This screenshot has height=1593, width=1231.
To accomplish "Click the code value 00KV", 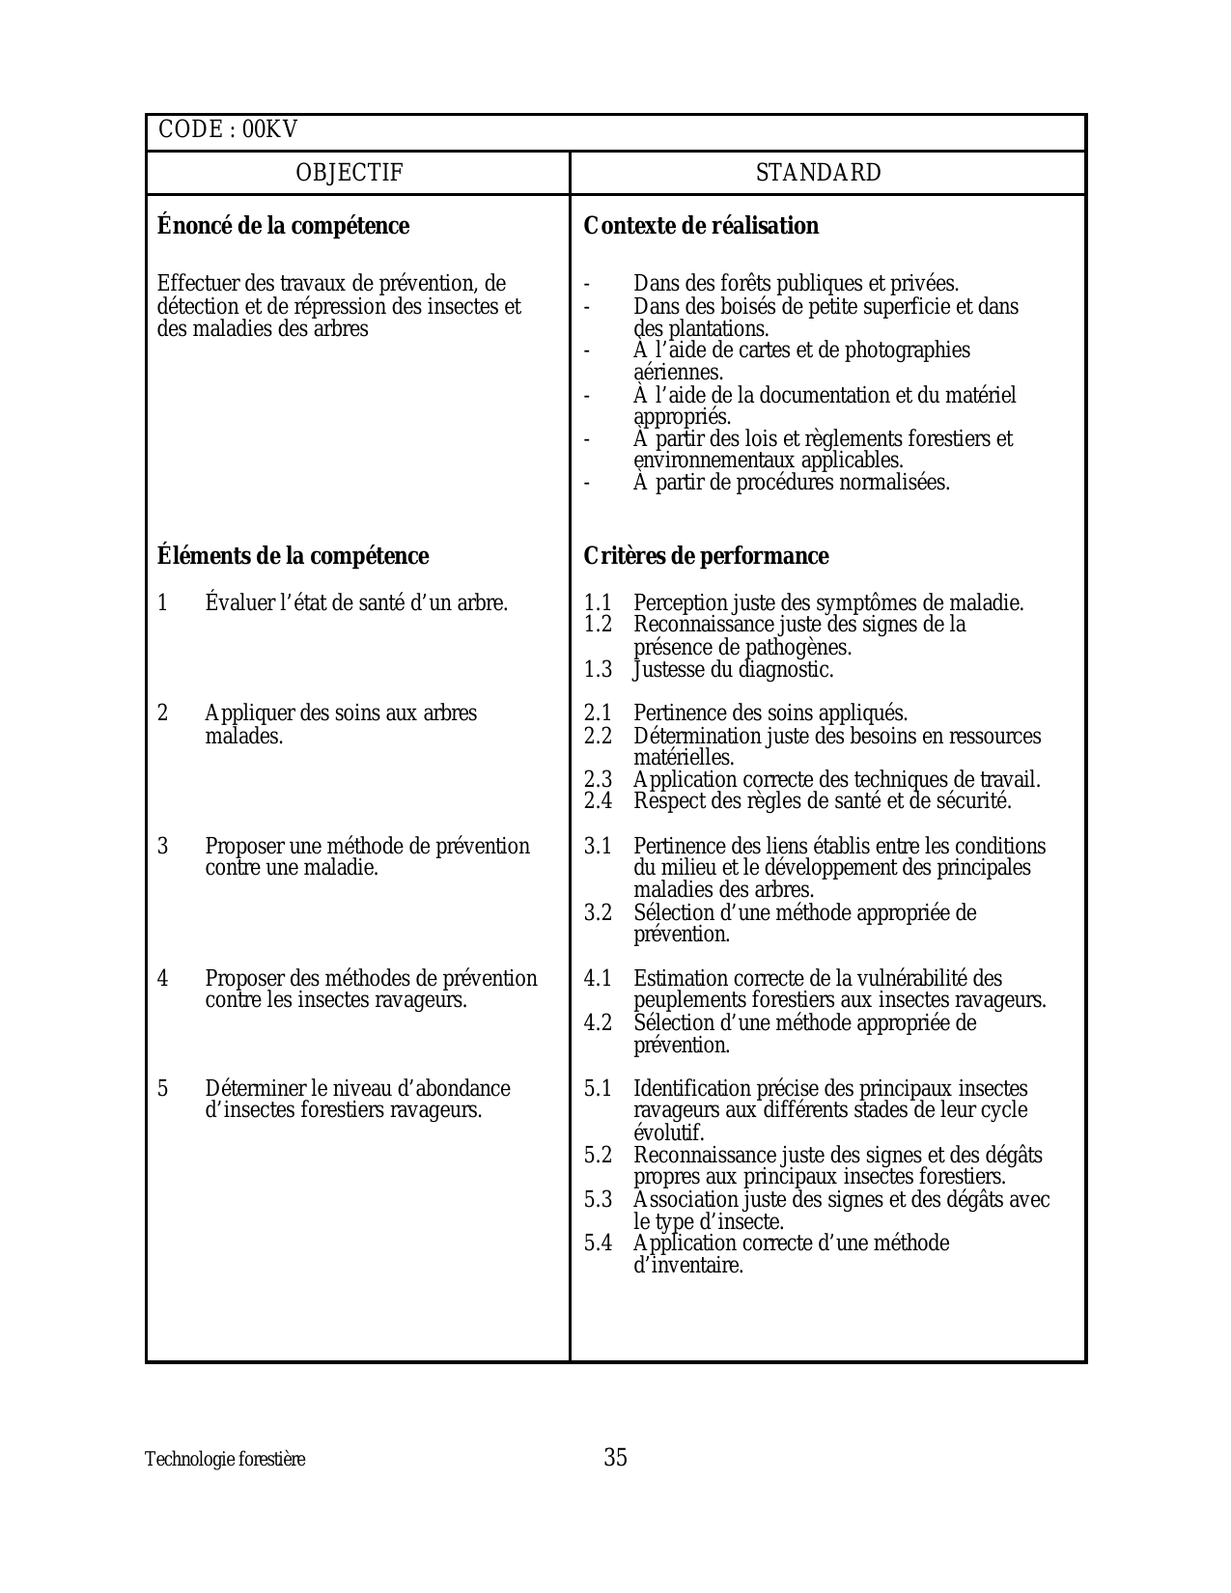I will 270,130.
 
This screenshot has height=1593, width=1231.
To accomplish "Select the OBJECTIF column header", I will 349,174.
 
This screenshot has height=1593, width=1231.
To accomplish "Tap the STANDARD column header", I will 818,174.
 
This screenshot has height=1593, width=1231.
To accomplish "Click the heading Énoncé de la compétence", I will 283,226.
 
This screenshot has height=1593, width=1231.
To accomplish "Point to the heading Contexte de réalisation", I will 701,226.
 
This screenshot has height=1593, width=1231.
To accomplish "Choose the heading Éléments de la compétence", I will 293,556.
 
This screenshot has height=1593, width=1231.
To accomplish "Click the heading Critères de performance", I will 706,556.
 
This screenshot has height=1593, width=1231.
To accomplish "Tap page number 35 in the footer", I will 615,1458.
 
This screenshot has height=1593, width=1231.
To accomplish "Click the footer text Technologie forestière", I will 225,1460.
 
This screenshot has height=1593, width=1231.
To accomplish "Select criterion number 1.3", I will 598,670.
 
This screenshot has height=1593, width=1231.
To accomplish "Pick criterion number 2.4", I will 598,801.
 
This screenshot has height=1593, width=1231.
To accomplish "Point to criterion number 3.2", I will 598,913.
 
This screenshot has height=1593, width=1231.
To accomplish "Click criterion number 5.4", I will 598,1244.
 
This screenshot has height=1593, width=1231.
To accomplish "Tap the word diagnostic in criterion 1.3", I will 784,670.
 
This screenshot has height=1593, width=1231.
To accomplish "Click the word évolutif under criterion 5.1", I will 668,1133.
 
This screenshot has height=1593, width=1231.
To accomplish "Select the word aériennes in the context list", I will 678,373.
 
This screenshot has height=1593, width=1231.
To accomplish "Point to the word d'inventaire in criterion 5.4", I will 688,1266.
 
